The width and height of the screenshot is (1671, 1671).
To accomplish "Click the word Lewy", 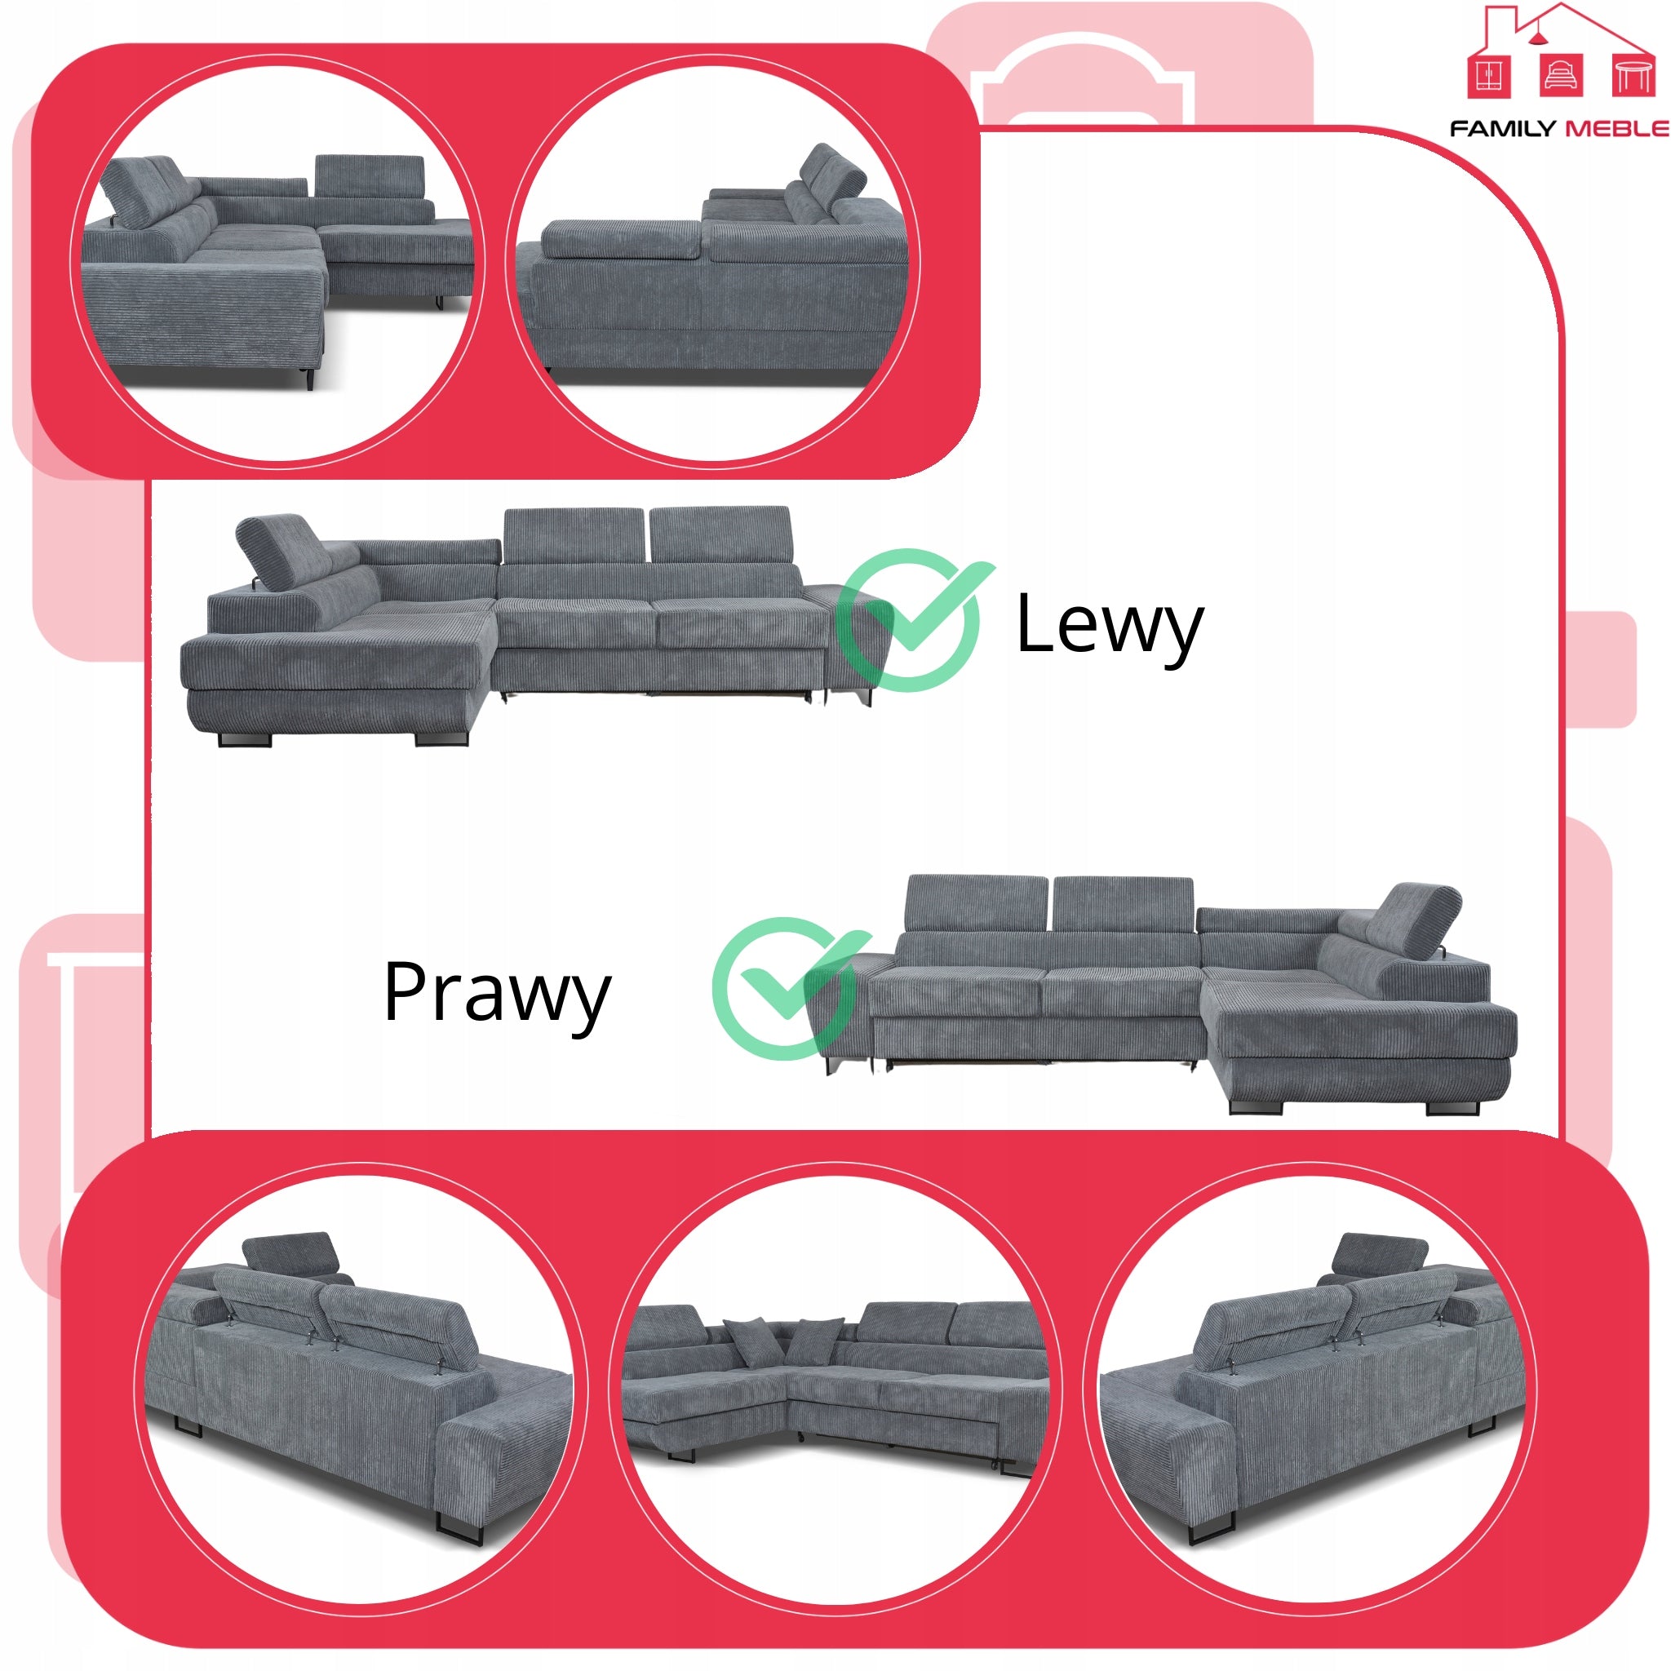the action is click(1110, 625).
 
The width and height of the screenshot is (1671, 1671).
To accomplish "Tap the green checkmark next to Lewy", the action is click(912, 620).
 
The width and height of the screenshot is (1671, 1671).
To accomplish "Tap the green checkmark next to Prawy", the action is click(789, 989).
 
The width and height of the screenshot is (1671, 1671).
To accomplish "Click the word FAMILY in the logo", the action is click(1502, 129).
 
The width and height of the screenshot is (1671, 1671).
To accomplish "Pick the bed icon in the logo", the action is click(1562, 75).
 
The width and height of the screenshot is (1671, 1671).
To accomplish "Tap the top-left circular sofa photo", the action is click(278, 261).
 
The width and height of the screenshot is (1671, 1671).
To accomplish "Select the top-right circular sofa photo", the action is click(714, 261).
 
